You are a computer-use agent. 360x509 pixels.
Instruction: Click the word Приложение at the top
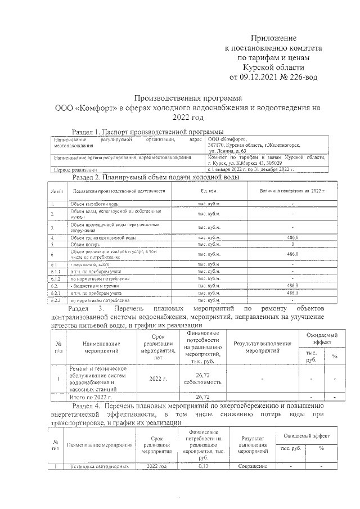coord(273,38)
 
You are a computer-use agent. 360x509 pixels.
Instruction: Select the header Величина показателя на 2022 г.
coord(292,191)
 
